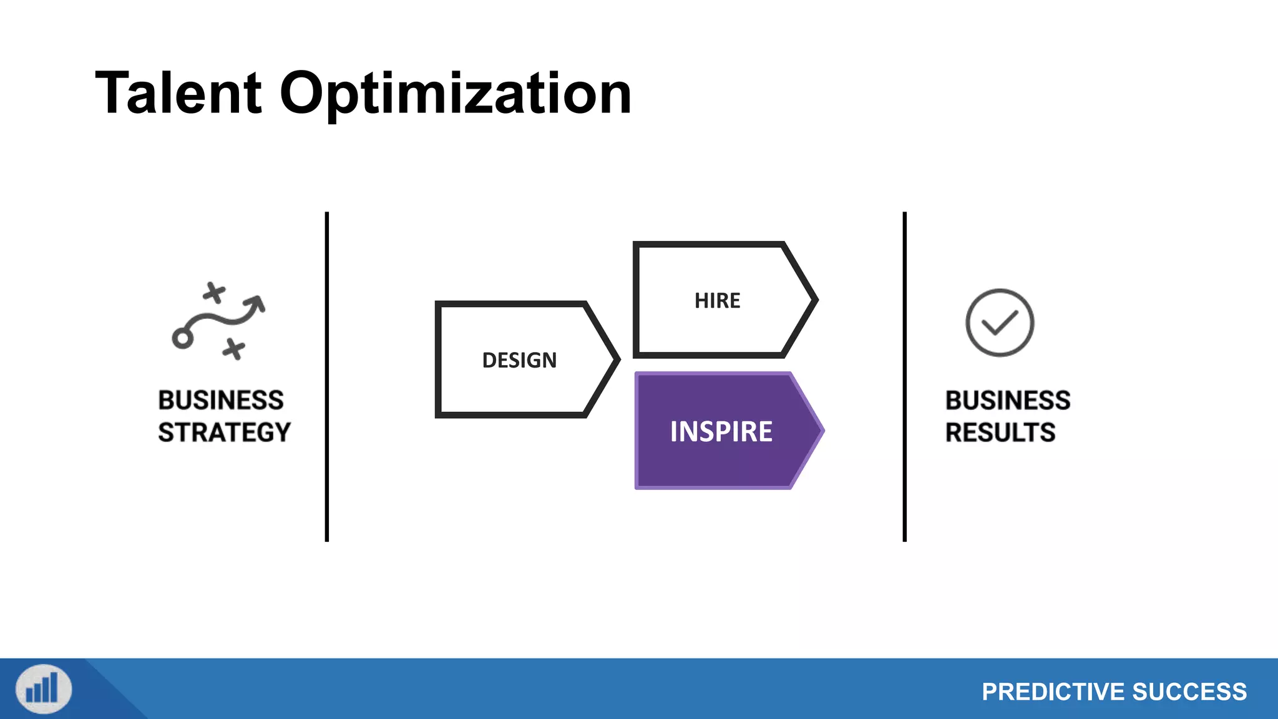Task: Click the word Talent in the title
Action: click(178, 94)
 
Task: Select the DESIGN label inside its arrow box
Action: click(519, 360)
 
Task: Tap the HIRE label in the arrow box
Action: click(717, 301)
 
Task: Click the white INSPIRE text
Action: click(721, 432)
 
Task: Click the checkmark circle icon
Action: click(1000, 323)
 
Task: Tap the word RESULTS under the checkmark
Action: click(1000, 433)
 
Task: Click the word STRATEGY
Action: click(224, 433)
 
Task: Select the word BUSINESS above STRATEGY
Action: click(221, 400)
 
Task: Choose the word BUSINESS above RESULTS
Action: click(1008, 400)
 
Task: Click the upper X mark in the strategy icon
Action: click(214, 292)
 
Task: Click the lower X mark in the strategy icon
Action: click(234, 349)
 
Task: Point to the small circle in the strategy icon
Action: click(182, 338)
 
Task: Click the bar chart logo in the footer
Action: click(44, 689)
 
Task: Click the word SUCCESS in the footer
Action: click(1189, 692)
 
